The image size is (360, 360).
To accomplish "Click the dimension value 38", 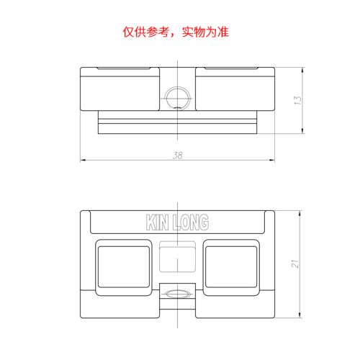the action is (x=178, y=156).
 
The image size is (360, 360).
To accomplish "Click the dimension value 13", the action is (x=297, y=100).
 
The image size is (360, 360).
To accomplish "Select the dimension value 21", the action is (x=295, y=264).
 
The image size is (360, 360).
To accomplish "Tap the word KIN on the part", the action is (x=157, y=222).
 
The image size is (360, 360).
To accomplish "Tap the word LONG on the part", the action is (x=191, y=222).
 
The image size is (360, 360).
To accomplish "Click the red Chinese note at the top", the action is (x=176, y=32).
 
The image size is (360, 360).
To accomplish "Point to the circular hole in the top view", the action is (x=178, y=99).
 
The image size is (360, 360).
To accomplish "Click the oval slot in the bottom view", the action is (x=178, y=294).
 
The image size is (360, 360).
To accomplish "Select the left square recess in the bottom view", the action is (x=124, y=267).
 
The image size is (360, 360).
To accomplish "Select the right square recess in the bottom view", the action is (x=231, y=267).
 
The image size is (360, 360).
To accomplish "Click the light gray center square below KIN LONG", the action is (x=178, y=256).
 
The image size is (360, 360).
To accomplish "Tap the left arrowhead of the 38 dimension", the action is (x=83, y=160).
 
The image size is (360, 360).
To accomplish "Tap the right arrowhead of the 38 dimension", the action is (x=272, y=160).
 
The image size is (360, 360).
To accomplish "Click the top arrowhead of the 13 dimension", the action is (x=302, y=70).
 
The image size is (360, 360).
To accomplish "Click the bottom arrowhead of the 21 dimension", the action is (x=300, y=315).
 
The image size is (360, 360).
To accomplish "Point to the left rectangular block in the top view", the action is (x=120, y=89).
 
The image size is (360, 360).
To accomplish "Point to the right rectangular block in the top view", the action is (x=235, y=89).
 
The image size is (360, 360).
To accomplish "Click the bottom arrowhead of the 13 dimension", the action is (x=302, y=130).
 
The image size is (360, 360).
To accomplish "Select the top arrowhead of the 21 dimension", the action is (x=300, y=214).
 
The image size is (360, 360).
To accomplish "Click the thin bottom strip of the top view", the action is (x=178, y=129).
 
